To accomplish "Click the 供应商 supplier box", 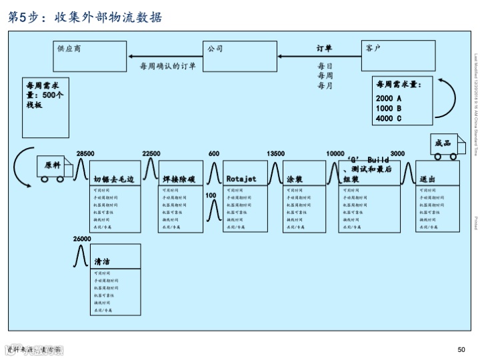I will point(91,56).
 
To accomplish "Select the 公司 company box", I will point(239,56).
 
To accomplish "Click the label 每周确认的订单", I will point(167,66).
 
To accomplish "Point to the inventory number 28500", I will point(85,154).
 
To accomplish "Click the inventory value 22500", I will point(151,154).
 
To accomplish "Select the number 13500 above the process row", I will point(275,154).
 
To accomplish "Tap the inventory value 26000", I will point(82,239).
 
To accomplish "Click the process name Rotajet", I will point(241,179).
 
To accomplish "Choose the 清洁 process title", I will point(102,262).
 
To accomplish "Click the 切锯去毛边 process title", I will point(114,179).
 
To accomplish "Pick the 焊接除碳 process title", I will point(178,179).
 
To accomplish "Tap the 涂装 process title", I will point(295,179).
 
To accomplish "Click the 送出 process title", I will point(427,179).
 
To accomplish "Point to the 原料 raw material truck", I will point(53,167).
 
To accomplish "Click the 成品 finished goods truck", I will point(444,145).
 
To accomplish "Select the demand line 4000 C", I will point(389,119).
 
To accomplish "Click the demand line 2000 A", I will point(389,99).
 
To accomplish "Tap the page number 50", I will point(461,350).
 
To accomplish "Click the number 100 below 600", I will point(211,195).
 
